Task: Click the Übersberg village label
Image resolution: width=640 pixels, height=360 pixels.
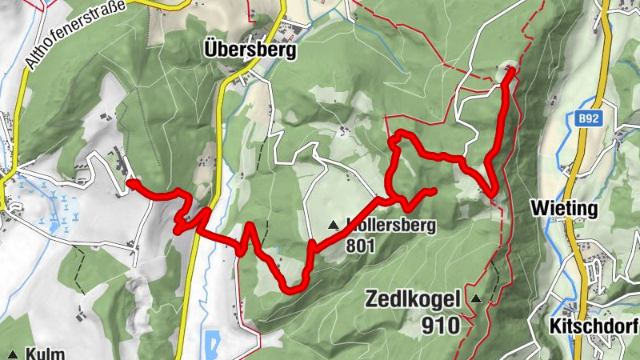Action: pos(250,50)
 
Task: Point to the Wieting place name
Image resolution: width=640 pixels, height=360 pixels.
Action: pos(564,209)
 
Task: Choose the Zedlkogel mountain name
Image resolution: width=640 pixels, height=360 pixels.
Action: pos(413,300)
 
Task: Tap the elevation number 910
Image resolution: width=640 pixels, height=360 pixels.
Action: pos(438,325)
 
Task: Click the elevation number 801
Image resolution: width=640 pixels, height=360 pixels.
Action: pos(361,246)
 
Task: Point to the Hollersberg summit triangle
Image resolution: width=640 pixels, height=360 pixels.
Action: pos(334,226)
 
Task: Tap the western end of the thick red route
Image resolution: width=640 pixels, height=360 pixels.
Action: pos(130,183)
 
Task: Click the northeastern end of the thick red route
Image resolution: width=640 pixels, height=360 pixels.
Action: pos(510,71)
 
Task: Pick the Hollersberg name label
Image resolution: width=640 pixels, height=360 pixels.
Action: pos(392,226)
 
